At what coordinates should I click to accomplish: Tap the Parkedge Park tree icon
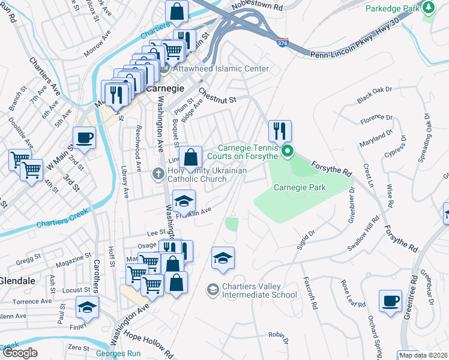click(428, 7)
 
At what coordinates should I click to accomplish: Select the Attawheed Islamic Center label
click(221, 68)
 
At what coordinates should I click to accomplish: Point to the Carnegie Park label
click(300, 187)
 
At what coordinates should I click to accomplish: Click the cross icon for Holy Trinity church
click(158, 174)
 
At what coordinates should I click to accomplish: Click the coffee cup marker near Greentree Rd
click(390, 300)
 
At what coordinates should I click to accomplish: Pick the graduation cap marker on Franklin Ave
click(184, 200)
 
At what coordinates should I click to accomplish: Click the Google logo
click(20, 352)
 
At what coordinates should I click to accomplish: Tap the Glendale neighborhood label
click(17, 281)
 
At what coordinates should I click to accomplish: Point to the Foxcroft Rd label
click(310, 292)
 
